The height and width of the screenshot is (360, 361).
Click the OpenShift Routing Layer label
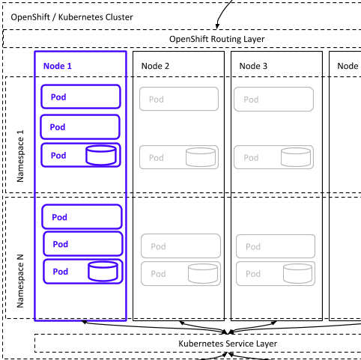click(x=216, y=39)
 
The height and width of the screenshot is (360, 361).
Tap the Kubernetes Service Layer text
click(x=228, y=344)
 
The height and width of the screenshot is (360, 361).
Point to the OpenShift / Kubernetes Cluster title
click(x=72, y=17)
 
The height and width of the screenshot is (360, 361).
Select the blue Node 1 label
click(x=58, y=66)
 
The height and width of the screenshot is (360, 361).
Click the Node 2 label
click(x=155, y=66)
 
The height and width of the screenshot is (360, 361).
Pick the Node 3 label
click(x=253, y=66)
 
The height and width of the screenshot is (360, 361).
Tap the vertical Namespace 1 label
click(x=20, y=156)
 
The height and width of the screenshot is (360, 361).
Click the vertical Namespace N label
click(x=20, y=281)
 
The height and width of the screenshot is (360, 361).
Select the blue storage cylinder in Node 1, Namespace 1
click(x=101, y=156)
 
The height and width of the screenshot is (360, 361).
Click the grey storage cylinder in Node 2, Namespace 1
click(x=201, y=157)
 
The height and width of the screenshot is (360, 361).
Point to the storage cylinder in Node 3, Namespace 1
click(x=296, y=157)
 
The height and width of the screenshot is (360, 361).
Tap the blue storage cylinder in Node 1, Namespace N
click(x=103, y=272)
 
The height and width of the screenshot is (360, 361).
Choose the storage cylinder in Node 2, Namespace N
click(x=203, y=274)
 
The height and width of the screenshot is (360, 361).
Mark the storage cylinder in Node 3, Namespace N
click(x=298, y=274)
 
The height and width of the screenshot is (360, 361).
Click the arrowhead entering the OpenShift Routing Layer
click(x=217, y=26)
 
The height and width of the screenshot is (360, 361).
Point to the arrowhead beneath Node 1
click(x=84, y=323)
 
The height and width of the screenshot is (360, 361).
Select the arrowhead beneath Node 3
click(x=274, y=323)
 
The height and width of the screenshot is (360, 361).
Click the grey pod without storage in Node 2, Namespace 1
click(x=179, y=99)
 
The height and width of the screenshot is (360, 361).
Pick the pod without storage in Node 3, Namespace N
click(x=276, y=246)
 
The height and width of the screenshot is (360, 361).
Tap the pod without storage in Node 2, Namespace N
click(x=180, y=246)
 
